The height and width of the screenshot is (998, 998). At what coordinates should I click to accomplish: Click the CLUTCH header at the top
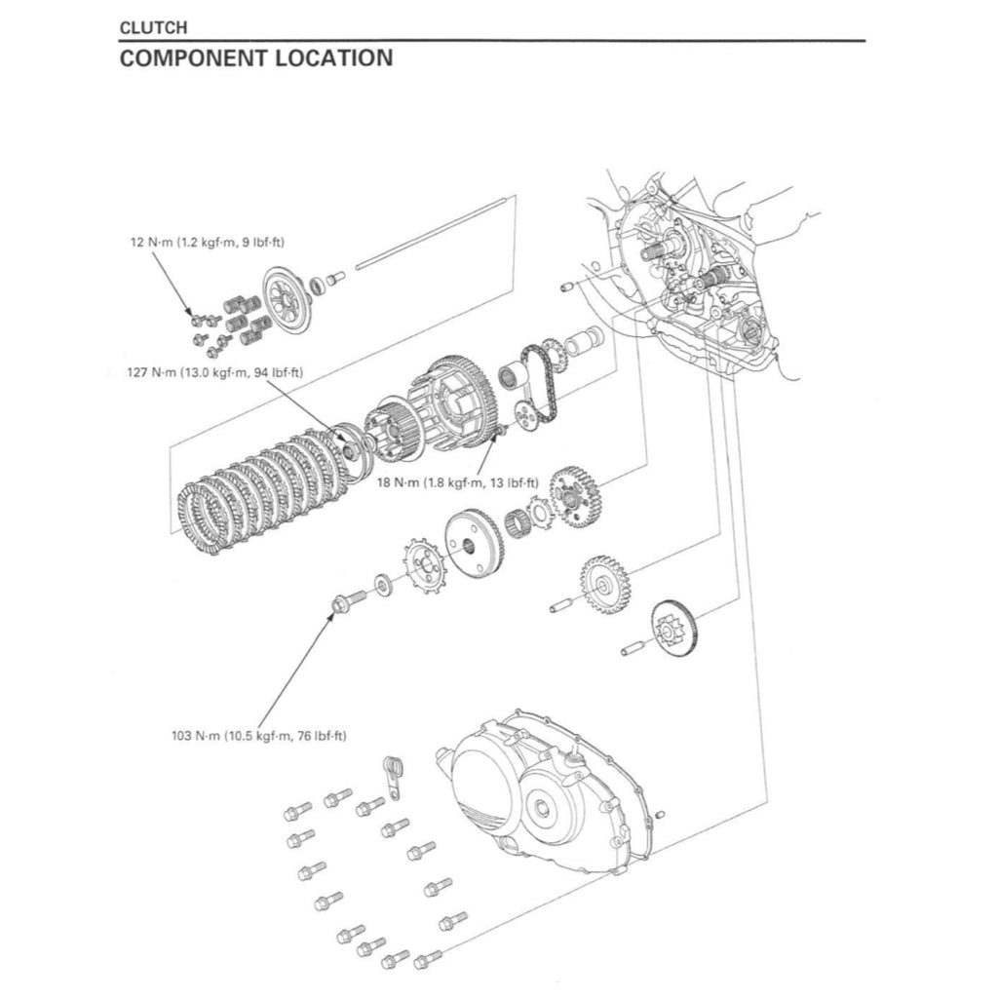click(153, 28)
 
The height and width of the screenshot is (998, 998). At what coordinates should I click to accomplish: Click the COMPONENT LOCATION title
click(256, 58)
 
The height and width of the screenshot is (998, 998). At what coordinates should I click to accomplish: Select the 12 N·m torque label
click(213, 241)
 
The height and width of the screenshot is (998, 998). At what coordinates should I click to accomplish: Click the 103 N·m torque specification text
click(258, 736)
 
